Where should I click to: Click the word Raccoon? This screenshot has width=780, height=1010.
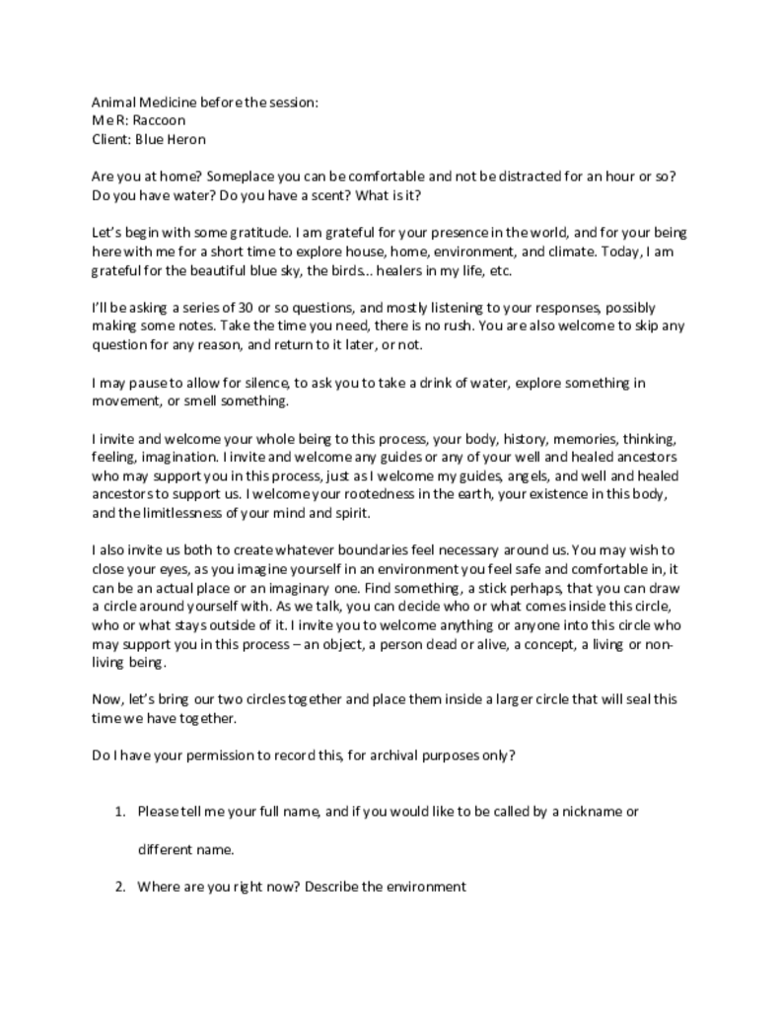pyautogui.click(x=160, y=120)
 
